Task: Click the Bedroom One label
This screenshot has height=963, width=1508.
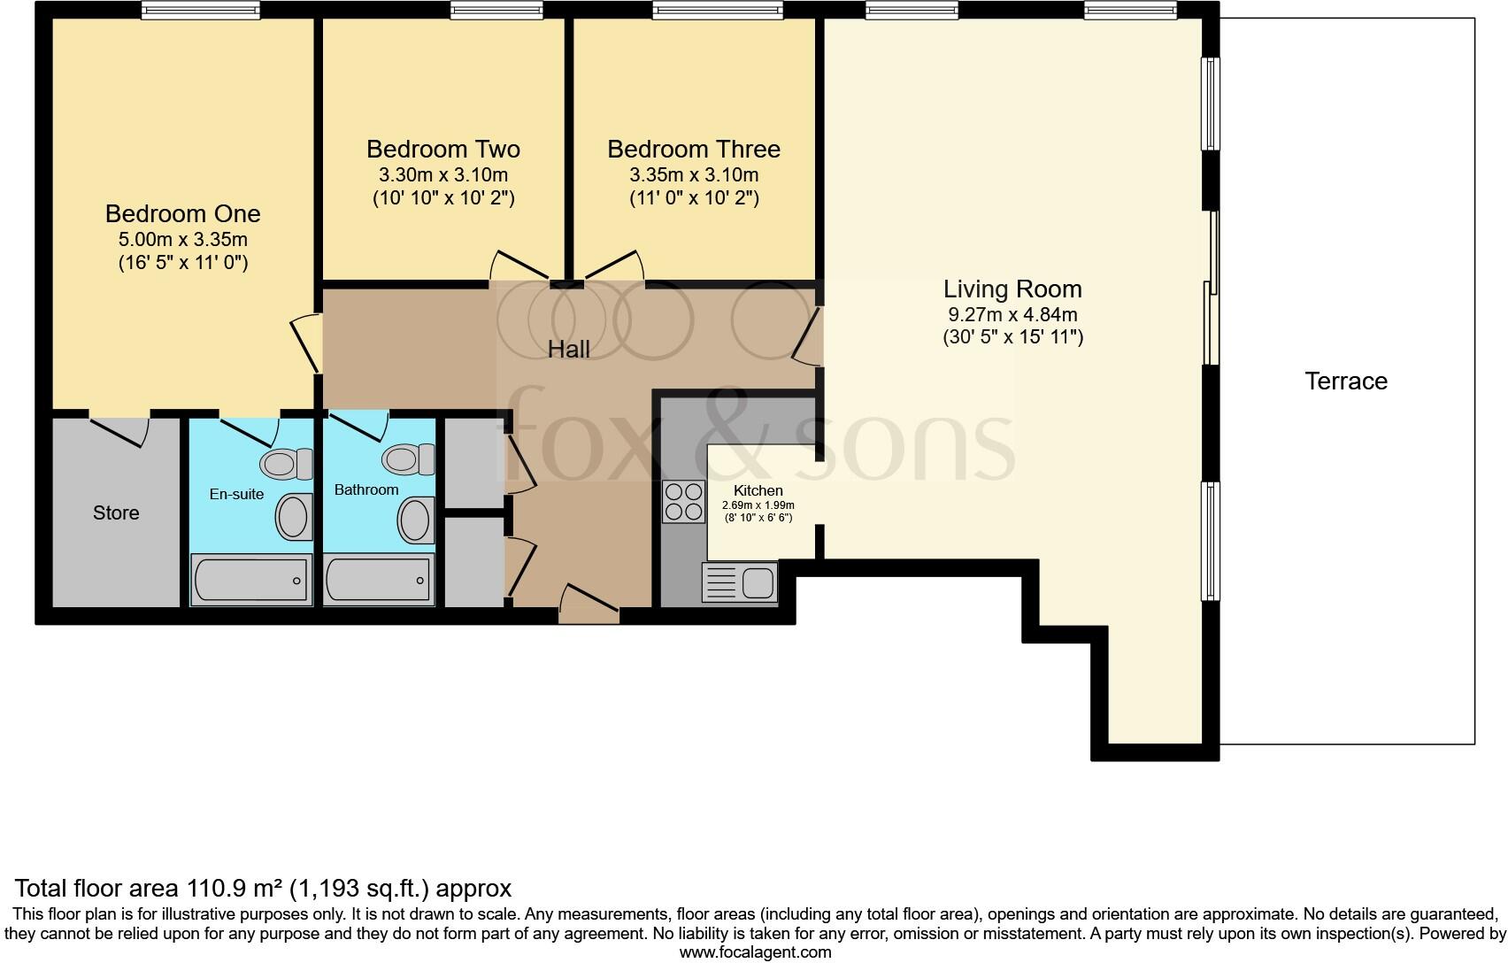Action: pyautogui.click(x=182, y=213)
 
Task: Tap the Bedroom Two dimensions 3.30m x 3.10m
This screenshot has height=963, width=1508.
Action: pyautogui.click(x=443, y=175)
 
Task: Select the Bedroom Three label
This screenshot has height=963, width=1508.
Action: pyautogui.click(x=694, y=149)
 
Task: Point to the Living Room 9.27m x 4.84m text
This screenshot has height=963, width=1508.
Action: pyautogui.click(x=1012, y=314)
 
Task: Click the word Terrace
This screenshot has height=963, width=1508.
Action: pyautogui.click(x=1345, y=381)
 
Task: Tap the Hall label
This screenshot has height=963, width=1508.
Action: pyautogui.click(x=568, y=350)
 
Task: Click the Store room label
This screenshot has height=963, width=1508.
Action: pyautogui.click(x=116, y=513)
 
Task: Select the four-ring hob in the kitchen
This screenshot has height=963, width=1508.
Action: pyautogui.click(x=683, y=501)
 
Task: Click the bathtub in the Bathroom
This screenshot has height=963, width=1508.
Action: pyautogui.click(x=379, y=580)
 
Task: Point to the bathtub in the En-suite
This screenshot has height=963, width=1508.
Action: pyautogui.click(x=251, y=581)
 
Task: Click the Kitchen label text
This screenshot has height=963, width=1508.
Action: pyautogui.click(x=758, y=490)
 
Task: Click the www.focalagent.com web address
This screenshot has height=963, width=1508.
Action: pyautogui.click(x=755, y=952)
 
